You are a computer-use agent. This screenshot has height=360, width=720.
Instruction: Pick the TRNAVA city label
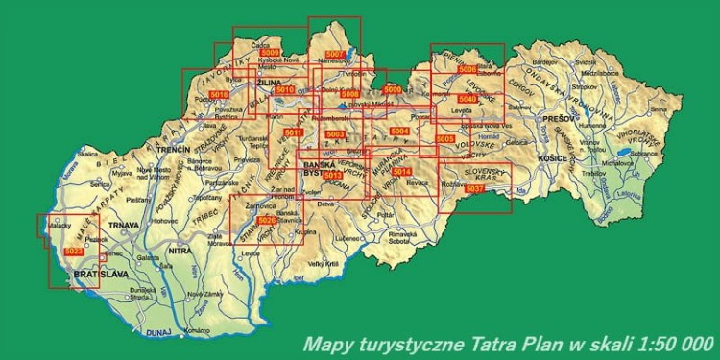click(x=126, y=226)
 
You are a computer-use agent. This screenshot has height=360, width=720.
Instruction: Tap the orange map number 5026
click(x=268, y=221)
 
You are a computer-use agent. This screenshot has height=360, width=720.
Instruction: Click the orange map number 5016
click(x=218, y=94)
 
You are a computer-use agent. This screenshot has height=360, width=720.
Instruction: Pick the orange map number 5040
click(x=467, y=99)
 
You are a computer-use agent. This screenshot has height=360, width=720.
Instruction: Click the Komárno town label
click(x=197, y=330)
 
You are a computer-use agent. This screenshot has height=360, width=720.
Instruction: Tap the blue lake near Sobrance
click(x=624, y=152)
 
